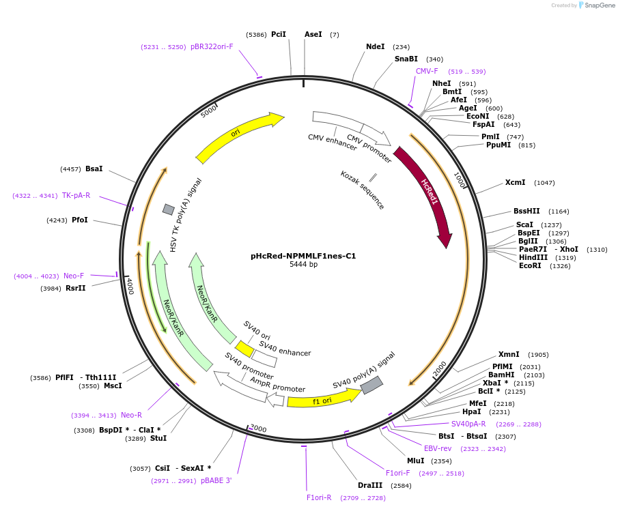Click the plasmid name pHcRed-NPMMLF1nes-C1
click(303, 257)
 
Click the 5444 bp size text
click(303, 265)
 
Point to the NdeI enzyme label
click(376, 47)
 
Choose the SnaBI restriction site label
click(406, 59)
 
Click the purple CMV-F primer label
click(427, 71)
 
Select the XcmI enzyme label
click(515, 182)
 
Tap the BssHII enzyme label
click(526, 212)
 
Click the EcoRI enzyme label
click(530, 266)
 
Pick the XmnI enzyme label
click(509, 354)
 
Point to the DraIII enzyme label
click(370, 485)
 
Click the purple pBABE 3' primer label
click(216, 480)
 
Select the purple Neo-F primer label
click(74, 276)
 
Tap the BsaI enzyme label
click(94, 169)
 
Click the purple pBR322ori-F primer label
click(212, 47)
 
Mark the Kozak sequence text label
click(363, 190)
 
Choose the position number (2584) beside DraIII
click(401, 486)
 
